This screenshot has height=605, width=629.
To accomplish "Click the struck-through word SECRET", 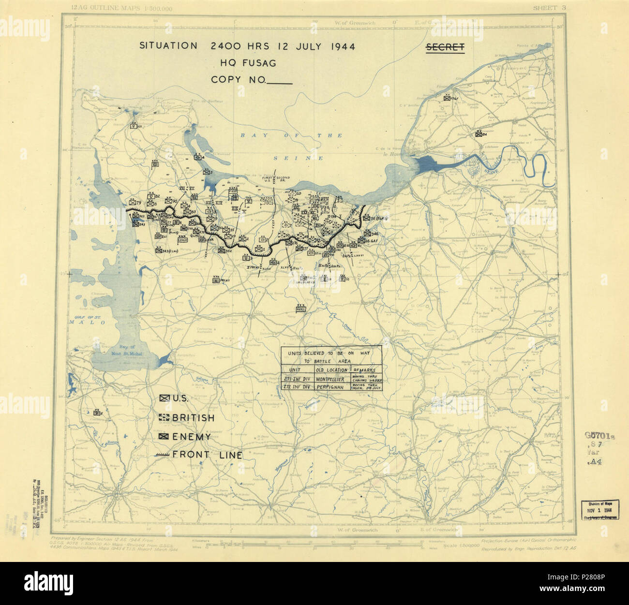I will (445, 47).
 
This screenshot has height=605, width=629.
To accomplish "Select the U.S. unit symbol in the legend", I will (164, 398).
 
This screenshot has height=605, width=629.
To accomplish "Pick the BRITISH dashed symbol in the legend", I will (164, 418).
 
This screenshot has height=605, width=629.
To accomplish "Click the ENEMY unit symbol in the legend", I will (164, 437).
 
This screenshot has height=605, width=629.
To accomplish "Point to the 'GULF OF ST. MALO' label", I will (88, 318).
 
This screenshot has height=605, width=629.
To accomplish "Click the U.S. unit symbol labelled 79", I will (131, 202).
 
